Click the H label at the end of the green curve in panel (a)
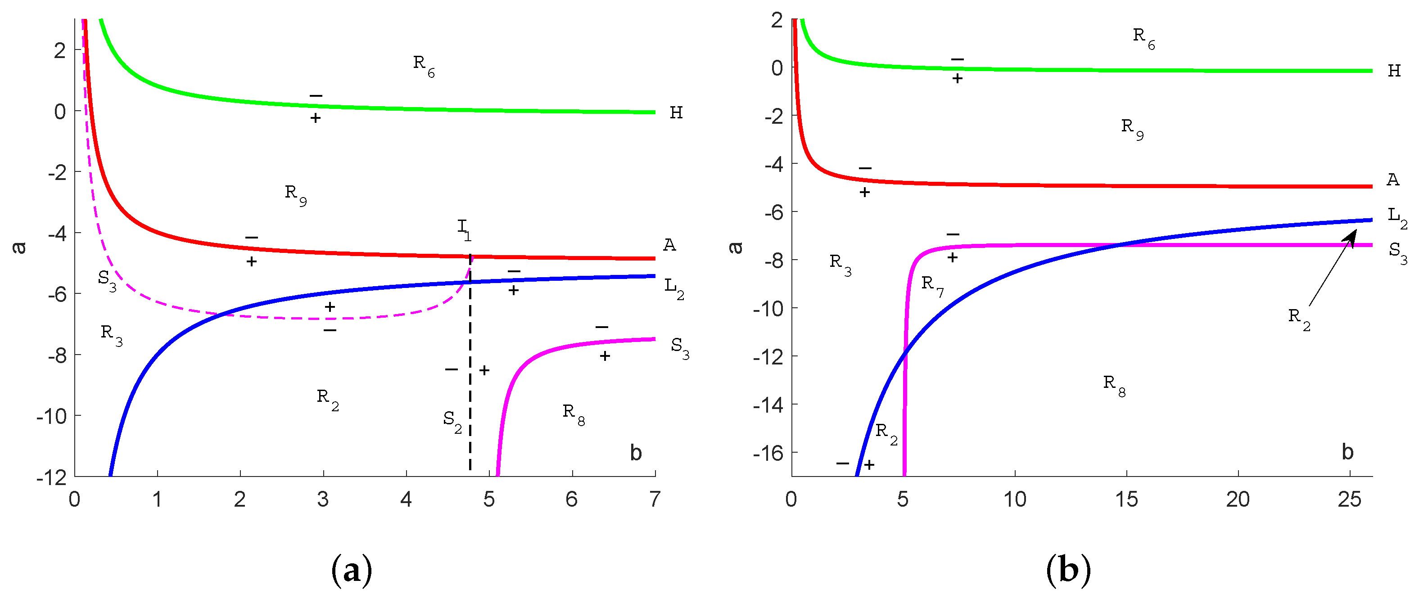pyautogui.click(x=676, y=112)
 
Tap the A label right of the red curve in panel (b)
pyautogui.click(x=1392, y=180)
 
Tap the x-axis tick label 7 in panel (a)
pyautogui.click(x=655, y=500)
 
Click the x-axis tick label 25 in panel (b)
pyautogui.click(x=1349, y=500)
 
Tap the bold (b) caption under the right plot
pyautogui.click(x=1068, y=570)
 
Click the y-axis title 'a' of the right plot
pyautogui.click(x=736, y=247)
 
